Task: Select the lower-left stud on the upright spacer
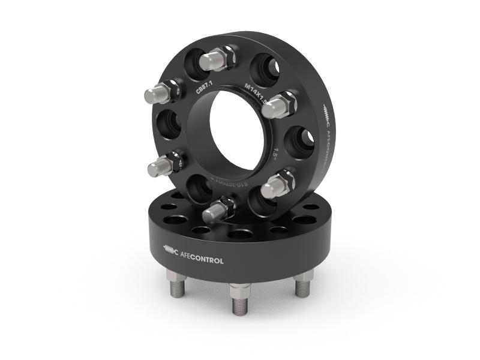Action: [163, 163]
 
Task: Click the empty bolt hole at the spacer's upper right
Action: [263, 64]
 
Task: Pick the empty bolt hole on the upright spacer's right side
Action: [299, 142]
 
